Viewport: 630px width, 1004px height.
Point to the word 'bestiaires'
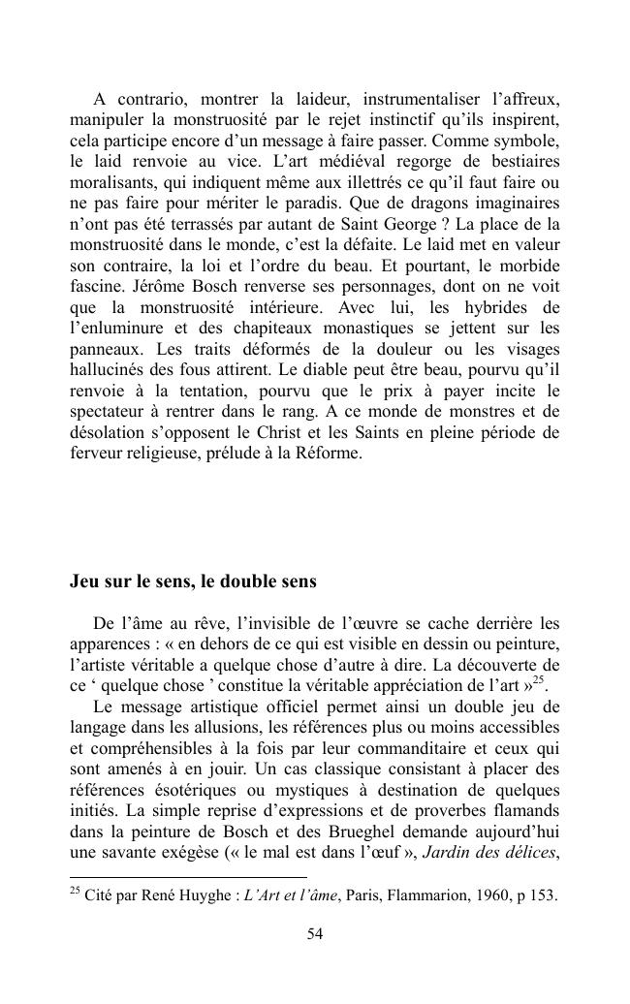[x=523, y=161]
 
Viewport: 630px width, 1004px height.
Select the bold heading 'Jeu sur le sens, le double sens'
[x=193, y=582]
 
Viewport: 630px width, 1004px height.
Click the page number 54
[x=315, y=934]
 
